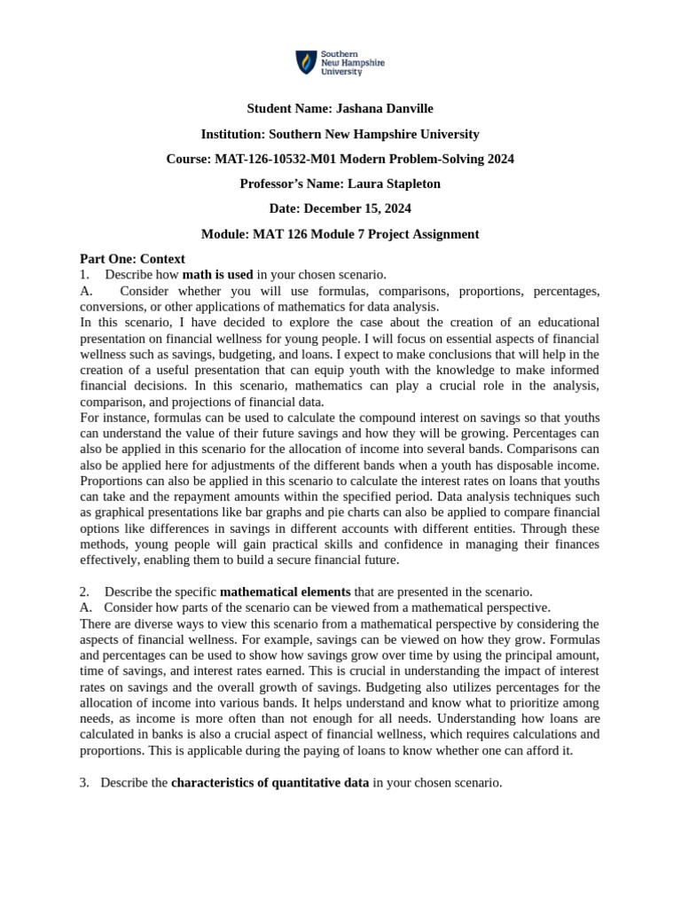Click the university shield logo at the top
click(306, 63)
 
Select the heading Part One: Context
click(132, 259)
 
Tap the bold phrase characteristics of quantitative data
click(270, 783)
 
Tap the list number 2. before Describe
click(84, 591)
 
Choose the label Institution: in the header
click(232, 135)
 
